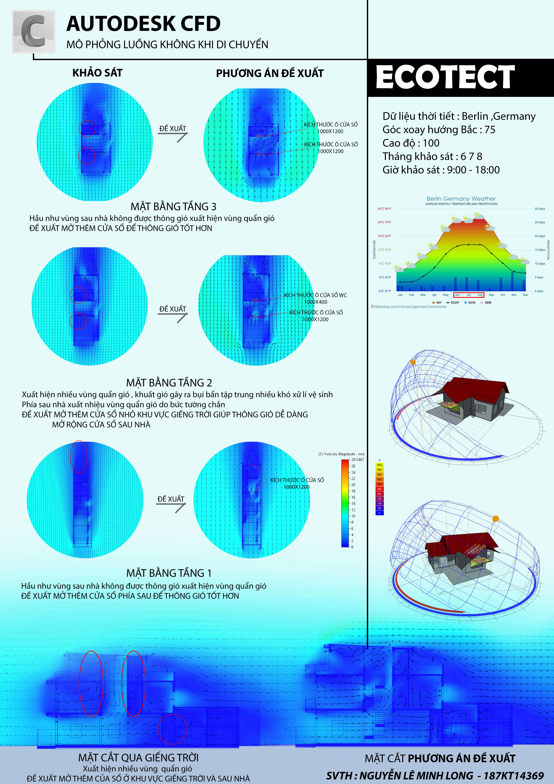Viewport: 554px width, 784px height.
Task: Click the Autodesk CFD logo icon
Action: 33,31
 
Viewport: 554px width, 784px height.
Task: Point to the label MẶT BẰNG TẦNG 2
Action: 169,382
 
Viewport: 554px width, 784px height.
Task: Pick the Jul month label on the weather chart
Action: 469,295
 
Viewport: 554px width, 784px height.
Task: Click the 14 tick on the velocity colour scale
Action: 353,503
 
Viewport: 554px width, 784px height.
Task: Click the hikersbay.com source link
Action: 410,307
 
